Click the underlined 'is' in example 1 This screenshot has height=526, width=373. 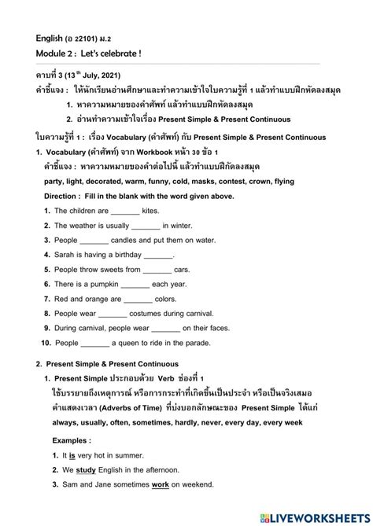click(72, 455)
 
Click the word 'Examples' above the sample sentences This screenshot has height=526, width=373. click(67, 440)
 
